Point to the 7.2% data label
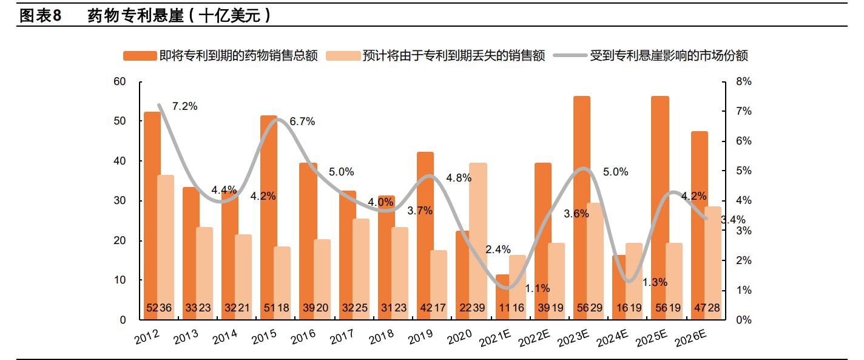[x=184, y=106]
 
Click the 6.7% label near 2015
[x=302, y=121]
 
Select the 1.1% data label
[x=538, y=288]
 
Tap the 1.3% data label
[x=655, y=282]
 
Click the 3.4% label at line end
[x=732, y=220]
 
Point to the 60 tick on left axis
[x=120, y=82]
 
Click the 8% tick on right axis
[x=744, y=82]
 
